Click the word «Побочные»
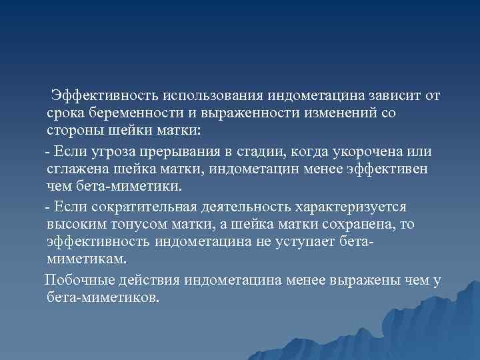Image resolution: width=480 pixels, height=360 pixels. pos(77,280)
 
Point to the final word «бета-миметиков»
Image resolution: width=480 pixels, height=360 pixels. pos(104,297)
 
